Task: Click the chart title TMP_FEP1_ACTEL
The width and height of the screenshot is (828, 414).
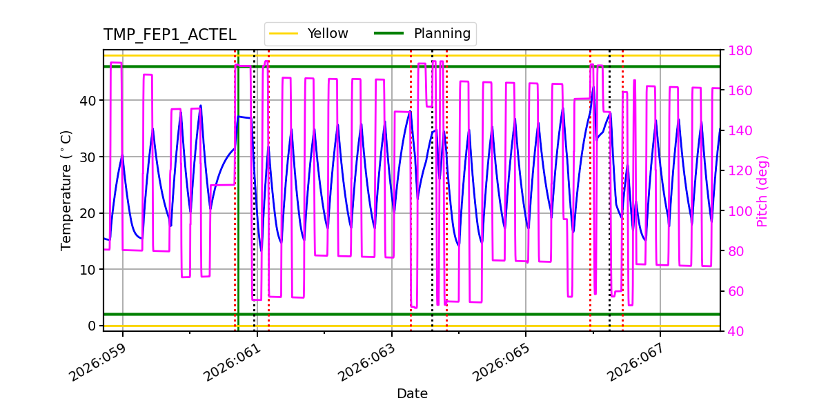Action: point(170,35)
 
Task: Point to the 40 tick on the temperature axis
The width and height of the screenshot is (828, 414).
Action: point(88,101)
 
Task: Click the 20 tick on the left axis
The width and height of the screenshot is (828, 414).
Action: point(88,213)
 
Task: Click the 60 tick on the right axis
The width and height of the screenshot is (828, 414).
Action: point(736,291)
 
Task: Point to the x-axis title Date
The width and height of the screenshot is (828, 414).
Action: point(412,394)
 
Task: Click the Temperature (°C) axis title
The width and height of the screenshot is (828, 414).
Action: point(66,190)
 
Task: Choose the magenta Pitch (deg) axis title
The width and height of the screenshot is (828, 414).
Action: point(762,190)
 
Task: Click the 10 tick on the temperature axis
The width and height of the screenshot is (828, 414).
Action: point(88,270)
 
